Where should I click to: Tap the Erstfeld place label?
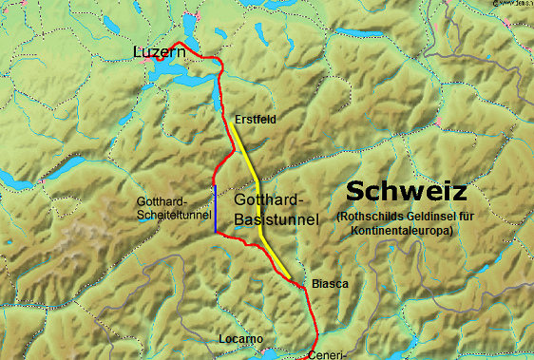click(x=256, y=120)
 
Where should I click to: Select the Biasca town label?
click(x=331, y=284)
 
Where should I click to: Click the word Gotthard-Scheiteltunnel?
click(x=174, y=209)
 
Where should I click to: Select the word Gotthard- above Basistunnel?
click(x=268, y=201)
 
